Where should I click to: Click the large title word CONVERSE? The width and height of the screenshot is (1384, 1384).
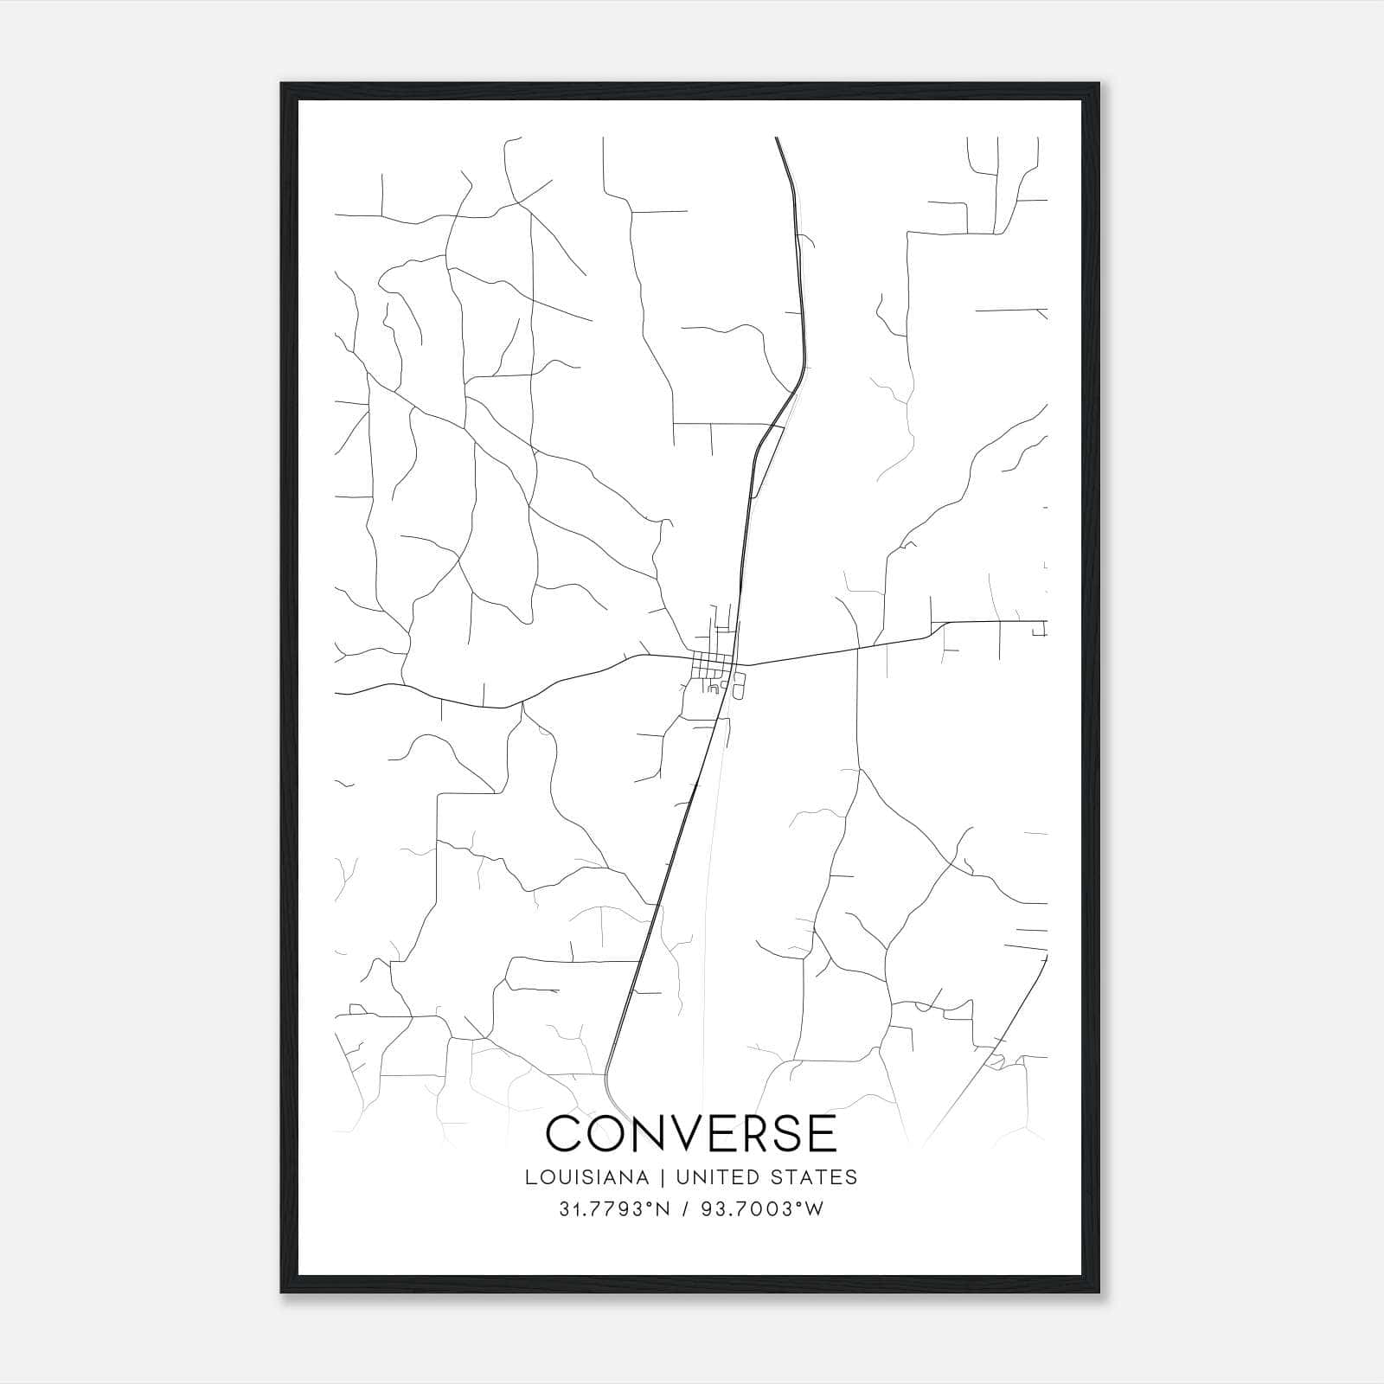[692, 1133]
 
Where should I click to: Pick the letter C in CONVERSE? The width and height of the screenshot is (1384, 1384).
[567, 1133]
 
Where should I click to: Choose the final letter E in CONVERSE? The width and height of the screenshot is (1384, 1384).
[825, 1133]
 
